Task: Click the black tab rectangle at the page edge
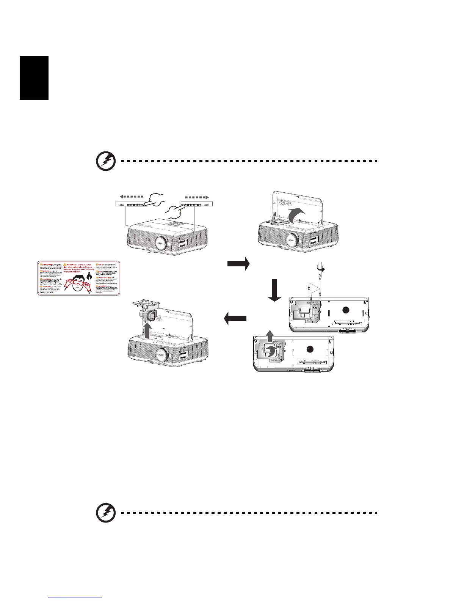point(34,78)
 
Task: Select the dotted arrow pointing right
point(197,198)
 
